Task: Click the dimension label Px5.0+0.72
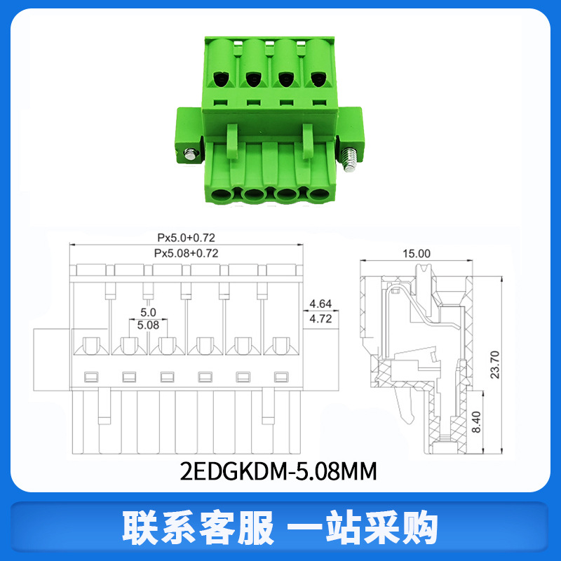tap(186, 238)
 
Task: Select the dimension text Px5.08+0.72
tap(186, 253)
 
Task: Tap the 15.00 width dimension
tap(417, 254)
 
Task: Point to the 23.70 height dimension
tap(495, 365)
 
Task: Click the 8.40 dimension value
tap(476, 422)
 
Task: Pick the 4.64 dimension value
tap(320, 304)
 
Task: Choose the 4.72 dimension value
tap(320, 318)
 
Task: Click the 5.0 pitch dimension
tap(148, 312)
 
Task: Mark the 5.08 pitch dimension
tap(148, 325)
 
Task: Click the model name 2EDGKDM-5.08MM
tap(278, 471)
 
